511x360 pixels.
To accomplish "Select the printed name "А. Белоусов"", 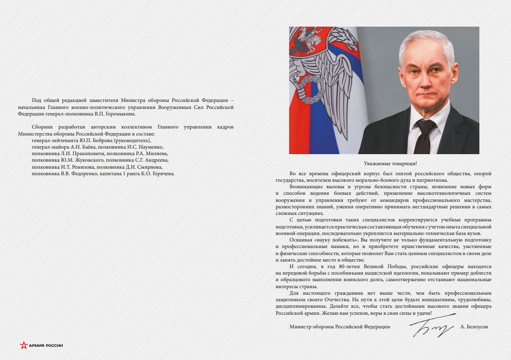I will pyautogui.click(x=473, y=327).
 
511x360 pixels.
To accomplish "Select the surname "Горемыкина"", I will pyautogui.click(x=119, y=113).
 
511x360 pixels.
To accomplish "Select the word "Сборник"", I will pyautogui.click(x=42, y=128).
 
